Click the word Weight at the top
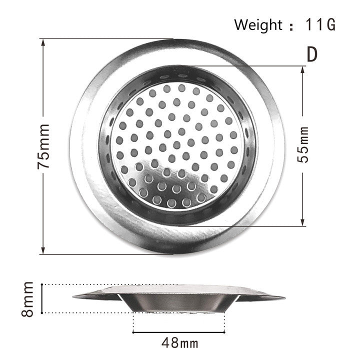258,24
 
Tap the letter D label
311,54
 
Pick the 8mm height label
27,298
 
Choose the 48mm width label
180,343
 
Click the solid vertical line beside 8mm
42,298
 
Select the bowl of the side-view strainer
179,302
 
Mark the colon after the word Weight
291,26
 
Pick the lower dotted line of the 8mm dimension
85,313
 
